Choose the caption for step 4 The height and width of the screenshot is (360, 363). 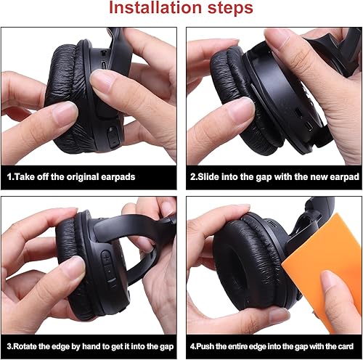[274, 345]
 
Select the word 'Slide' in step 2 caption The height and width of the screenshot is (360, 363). [212, 176]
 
